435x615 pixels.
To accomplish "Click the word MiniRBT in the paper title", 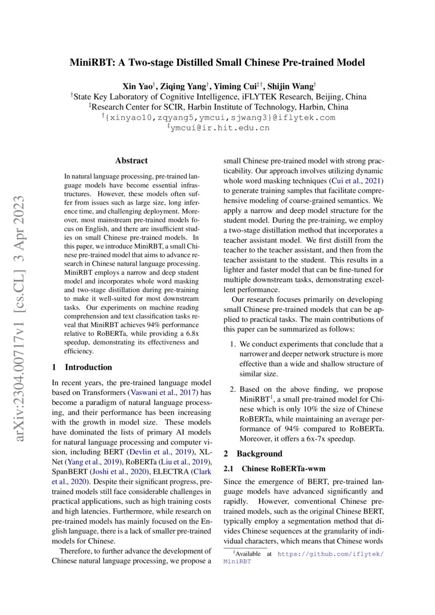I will (x=92, y=63).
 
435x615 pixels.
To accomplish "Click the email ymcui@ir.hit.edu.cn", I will (x=220, y=127).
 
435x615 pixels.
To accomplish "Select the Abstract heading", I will (x=131, y=160).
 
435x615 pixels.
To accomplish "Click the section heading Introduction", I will (x=88, y=367).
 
